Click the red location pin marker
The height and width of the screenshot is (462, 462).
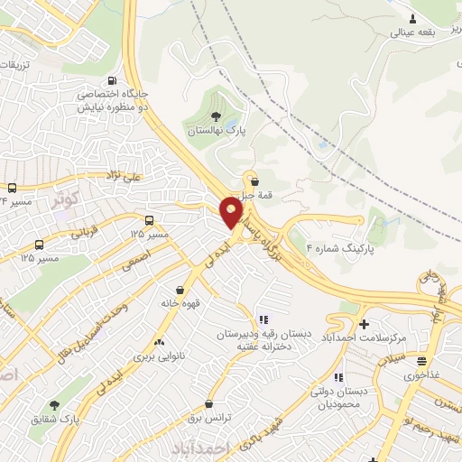pos(231,212)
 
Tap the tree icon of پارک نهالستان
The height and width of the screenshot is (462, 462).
pos(215,115)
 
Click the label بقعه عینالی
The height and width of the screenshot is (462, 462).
pos(413,32)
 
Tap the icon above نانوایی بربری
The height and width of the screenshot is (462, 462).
pos(159,343)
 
